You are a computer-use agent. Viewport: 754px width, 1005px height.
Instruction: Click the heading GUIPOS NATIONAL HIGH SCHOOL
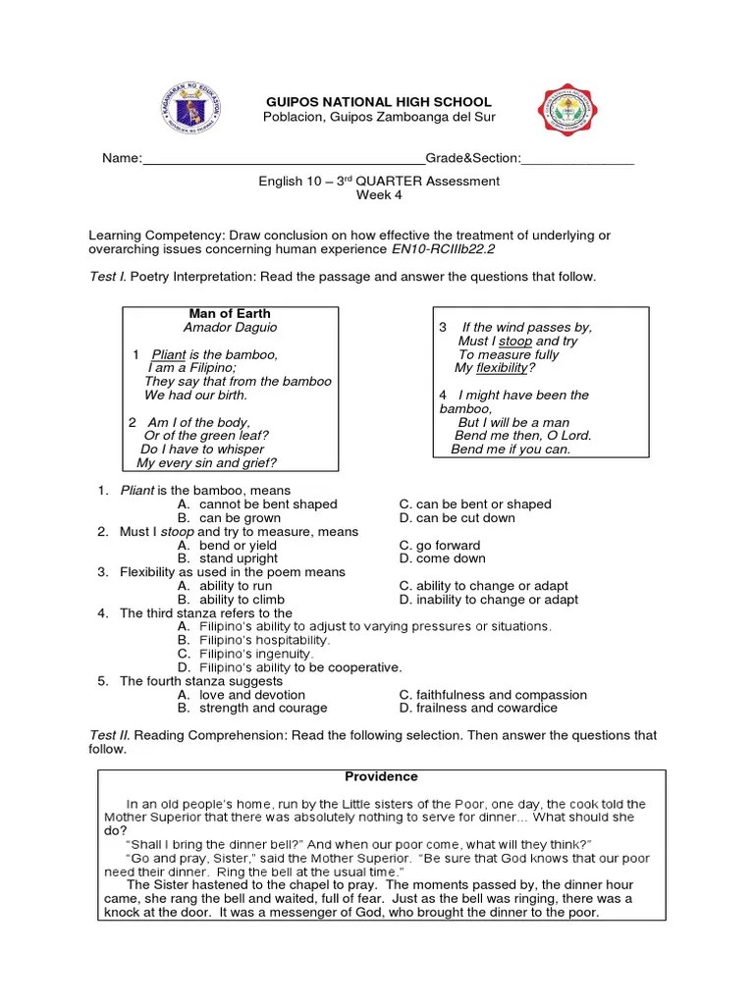pos(380,102)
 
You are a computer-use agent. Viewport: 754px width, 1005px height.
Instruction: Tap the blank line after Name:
pos(284,160)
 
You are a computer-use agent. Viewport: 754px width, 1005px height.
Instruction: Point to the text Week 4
pos(379,194)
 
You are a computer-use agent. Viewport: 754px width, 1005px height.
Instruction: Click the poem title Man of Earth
pos(230,313)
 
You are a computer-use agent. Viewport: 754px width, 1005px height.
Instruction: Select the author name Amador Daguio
pos(230,327)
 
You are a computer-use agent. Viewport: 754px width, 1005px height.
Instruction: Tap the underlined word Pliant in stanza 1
pos(169,354)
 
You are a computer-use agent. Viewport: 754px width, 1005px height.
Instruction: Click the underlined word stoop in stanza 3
pos(515,341)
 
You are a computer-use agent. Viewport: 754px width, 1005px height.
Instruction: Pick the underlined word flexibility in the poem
pos(502,368)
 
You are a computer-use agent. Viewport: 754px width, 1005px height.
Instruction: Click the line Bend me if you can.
pos(511,450)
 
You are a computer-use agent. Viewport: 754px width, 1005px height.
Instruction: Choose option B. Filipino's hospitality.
pos(253,640)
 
